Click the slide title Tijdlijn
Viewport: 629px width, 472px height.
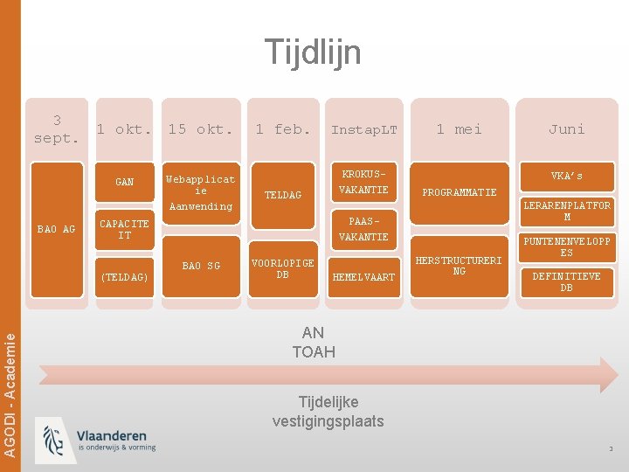point(313,52)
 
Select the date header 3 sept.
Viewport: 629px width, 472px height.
point(57,129)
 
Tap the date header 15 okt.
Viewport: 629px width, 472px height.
point(201,129)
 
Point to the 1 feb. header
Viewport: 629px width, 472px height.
point(282,129)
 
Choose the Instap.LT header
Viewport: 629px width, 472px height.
point(363,129)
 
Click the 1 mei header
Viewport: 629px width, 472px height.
point(460,129)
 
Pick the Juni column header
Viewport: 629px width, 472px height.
point(566,129)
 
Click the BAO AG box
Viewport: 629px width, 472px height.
point(56,229)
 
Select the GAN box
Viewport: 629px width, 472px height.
point(125,183)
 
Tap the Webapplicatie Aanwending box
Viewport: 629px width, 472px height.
point(201,192)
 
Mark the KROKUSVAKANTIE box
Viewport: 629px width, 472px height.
point(363,182)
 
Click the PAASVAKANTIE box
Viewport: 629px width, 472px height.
point(363,230)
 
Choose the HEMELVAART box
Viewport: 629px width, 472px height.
point(363,277)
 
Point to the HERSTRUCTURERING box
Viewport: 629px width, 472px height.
point(460,267)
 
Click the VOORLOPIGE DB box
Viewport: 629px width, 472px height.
point(282,268)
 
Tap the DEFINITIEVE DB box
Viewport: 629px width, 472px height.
point(566,281)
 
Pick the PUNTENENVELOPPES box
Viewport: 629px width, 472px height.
point(566,246)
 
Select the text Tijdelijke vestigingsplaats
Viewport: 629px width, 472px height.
point(328,412)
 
